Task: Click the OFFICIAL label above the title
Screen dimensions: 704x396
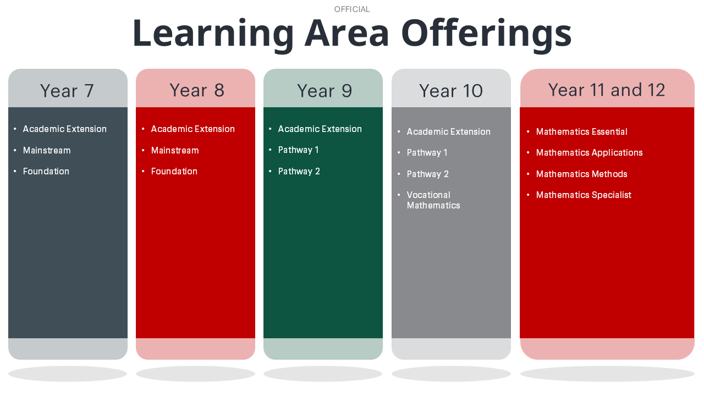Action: point(351,9)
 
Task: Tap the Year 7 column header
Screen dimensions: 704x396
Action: point(67,91)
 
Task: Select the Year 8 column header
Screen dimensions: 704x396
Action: point(197,90)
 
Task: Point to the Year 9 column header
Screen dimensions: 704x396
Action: point(324,91)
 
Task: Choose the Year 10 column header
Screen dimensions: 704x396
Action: point(451,91)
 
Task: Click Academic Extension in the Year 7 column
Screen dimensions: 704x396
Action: point(65,129)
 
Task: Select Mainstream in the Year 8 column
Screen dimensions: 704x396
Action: point(175,150)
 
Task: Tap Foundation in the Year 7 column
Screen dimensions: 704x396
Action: point(46,171)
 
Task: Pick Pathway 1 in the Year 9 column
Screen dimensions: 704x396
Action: point(298,150)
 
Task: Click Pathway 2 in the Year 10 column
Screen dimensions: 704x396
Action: point(428,174)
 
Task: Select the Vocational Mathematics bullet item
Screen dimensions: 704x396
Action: point(433,200)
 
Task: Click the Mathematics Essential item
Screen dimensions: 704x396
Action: point(582,131)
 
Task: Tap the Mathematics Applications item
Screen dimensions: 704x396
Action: point(589,152)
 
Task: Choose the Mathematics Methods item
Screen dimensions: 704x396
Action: point(582,174)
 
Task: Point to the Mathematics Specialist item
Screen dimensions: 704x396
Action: point(584,195)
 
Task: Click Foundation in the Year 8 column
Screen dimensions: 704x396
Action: point(174,171)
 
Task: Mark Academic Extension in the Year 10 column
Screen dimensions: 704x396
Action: point(449,131)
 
